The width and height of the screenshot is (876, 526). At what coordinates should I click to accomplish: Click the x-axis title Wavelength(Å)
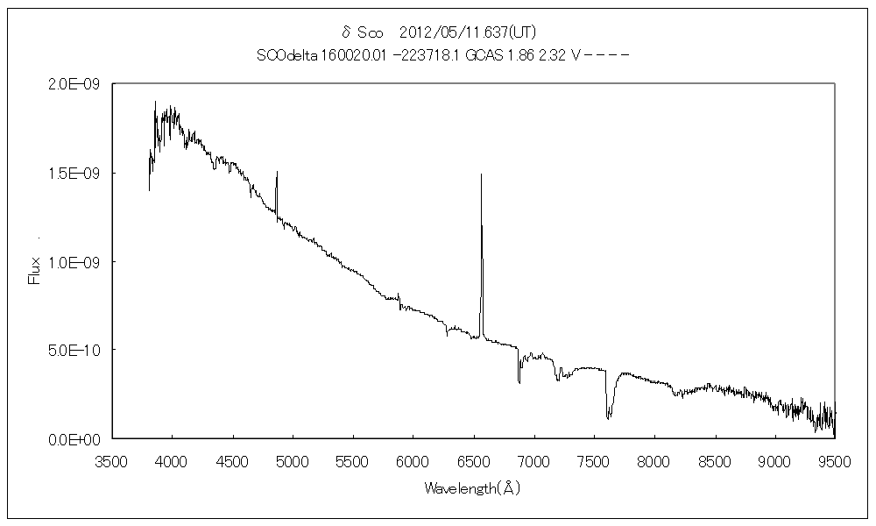tap(473, 487)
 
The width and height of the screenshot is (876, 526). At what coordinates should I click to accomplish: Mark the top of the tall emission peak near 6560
tap(481, 174)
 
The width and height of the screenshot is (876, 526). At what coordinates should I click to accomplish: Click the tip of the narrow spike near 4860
tap(277, 172)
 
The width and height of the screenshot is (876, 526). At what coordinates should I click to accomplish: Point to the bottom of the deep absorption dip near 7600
tap(608, 418)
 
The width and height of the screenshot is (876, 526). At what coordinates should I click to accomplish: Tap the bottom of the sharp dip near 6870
tap(519, 383)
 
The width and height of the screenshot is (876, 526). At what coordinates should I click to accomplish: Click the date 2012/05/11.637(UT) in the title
tap(467, 33)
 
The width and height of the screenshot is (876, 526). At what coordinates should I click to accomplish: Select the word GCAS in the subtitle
tap(481, 54)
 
